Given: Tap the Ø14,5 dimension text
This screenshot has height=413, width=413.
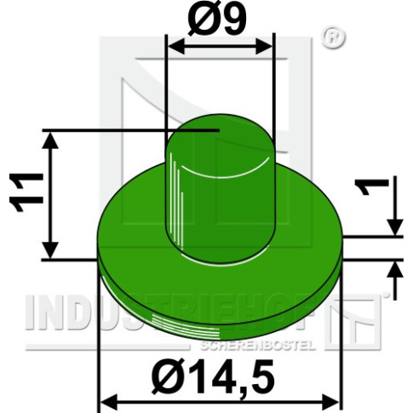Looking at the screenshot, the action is tap(213, 377).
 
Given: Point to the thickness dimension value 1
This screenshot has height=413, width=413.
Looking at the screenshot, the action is tap(372, 187).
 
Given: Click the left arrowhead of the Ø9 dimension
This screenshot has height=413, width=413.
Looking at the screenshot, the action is tap(176, 46).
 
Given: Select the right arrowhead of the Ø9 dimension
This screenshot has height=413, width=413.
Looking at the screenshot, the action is tap(264, 46).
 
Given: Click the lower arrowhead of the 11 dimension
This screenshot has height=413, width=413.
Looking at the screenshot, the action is tap(50, 250).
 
